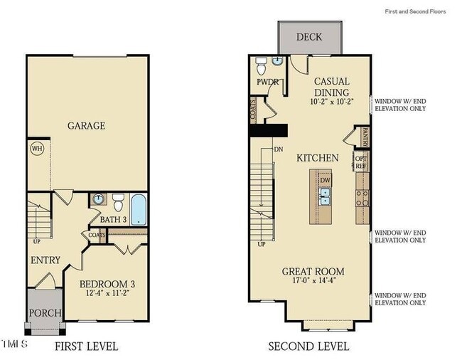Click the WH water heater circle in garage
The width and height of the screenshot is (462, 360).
point(36,149)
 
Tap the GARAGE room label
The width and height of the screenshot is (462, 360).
point(86,126)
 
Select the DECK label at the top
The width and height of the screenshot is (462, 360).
point(308,37)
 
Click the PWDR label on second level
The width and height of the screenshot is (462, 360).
point(267,82)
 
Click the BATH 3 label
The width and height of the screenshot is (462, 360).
point(113,220)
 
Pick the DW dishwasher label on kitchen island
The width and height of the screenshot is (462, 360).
point(325,180)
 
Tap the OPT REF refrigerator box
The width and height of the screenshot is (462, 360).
point(361,162)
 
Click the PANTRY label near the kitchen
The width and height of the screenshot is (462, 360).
point(364,134)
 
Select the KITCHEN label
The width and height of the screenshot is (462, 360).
point(317,157)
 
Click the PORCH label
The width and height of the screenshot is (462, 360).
point(44,313)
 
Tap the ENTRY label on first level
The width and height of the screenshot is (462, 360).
point(45,260)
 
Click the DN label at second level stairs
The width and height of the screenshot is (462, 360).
point(278,150)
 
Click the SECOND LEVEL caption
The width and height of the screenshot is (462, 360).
point(308,346)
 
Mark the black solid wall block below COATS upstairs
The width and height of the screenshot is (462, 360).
point(267,130)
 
